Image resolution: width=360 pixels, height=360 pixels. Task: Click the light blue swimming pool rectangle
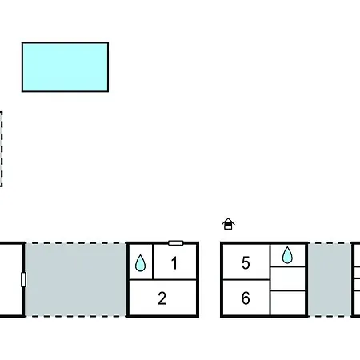click(x=65, y=67)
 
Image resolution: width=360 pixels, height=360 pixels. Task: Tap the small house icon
click(x=228, y=224)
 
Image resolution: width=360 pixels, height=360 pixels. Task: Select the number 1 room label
click(x=174, y=263)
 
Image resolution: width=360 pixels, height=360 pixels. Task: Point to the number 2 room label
click(x=162, y=298)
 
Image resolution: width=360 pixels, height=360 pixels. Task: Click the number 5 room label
click(x=246, y=263)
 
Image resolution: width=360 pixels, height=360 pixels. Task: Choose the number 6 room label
click(x=246, y=298)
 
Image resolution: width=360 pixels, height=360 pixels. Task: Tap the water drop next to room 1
click(x=140, y=263)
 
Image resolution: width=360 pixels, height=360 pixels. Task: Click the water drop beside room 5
click(x=287, y=255)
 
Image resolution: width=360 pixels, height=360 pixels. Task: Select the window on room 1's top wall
click(x=176, y=243)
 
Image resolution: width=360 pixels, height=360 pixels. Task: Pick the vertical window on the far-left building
click(x=23, y=280)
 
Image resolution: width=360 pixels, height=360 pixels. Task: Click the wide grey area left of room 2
click(x=76, y=280)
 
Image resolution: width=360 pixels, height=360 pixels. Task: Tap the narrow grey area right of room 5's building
click(x=330, y=280)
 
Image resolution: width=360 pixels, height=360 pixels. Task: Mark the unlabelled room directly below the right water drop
click(x=288, y=278)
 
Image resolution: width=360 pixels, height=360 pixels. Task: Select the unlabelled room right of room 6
click(x=288, y=302)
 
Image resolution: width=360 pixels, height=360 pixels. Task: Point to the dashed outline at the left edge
click(x=2, y=149)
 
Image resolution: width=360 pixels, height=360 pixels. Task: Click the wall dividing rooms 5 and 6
click(x=246, y=280)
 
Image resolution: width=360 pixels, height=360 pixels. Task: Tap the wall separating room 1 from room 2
click(x=162, y=280)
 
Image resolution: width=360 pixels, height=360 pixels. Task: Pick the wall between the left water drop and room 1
click(x=153, y=262)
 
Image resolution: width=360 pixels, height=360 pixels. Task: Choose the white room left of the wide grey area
click(x=10, y=280)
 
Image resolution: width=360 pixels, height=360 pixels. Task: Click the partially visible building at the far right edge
click(x=356, y=280)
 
